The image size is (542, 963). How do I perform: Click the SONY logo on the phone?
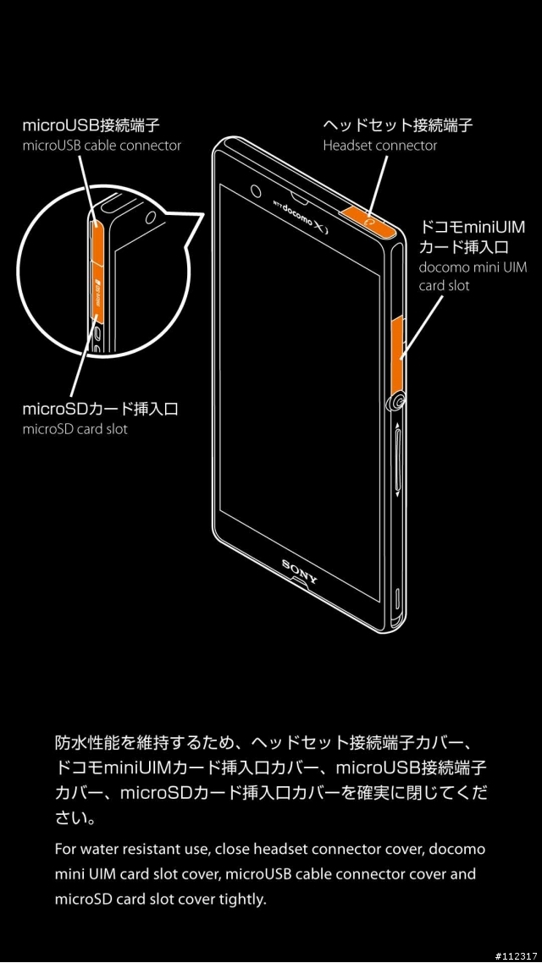tap(301, 570)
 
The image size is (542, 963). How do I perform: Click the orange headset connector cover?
tap(368, 220)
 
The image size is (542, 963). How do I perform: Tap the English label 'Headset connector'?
tap(379, 146)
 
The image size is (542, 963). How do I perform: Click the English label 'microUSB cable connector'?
tap(102, 146)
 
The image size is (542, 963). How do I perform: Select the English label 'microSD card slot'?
tap(75, 429)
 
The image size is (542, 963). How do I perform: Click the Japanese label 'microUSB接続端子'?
tap(91, 127)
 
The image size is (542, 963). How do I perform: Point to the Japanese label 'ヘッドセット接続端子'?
tap(398, 127)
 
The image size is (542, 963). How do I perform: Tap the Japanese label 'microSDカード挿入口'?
tap(100, 409)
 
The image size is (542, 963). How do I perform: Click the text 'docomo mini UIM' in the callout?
tap(473, 267)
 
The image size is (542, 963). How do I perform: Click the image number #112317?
tap(516, 955)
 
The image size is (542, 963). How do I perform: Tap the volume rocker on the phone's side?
tap(397, 459)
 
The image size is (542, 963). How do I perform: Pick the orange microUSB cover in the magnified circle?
tap(97, 240)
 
